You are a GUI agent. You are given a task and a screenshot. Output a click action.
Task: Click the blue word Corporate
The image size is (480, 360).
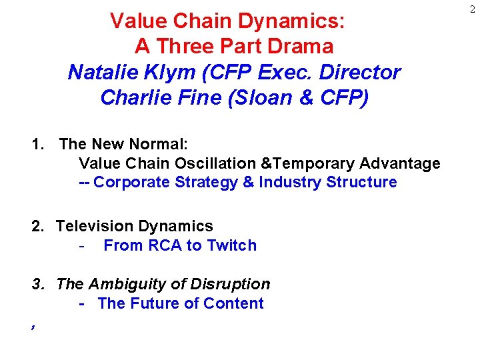point(132,183)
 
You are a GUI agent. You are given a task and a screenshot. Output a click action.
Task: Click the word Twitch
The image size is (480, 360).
point(231,245)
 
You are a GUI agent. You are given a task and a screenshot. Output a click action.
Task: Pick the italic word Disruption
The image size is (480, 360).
point(230,284)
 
